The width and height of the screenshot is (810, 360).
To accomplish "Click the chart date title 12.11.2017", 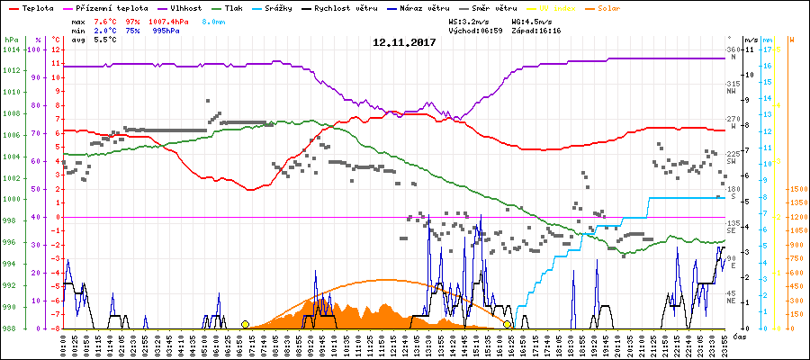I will click(x=405, y=42).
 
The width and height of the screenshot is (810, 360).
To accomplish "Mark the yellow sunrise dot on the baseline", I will click(x=245, y=324).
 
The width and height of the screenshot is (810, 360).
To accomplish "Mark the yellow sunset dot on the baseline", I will click(x=508, y=324).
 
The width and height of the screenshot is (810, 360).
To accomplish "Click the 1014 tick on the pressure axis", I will click(x=10, y=49).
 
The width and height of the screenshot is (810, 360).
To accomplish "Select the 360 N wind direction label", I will click(x=732, y=52).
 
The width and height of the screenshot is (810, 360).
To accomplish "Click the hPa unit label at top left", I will click(x=10, y=40).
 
